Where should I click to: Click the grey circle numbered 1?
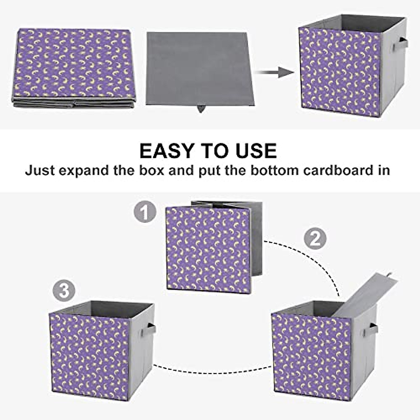coord(145,212)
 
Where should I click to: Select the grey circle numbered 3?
coord(64,291)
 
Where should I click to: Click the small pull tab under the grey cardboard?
coord(201,109)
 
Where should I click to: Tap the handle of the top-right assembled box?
coord(400,44)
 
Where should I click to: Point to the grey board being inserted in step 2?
coord(364,294)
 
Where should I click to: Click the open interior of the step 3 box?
coord(101,308)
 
